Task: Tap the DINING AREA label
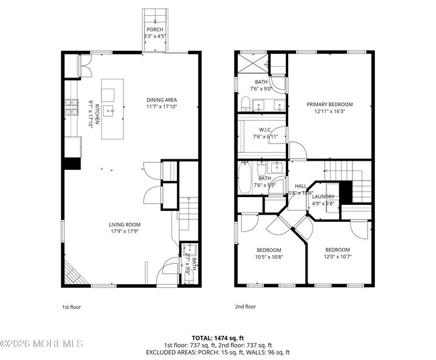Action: [x=162, y=100]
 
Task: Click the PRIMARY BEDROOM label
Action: [x=329, y=104]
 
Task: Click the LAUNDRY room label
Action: [x=323, y=196]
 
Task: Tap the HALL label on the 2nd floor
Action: [x=300, y=186]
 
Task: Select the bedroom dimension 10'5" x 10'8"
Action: [x=268, y=258]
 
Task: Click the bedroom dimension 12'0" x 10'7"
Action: [x=337, y=258]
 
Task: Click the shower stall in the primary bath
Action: [x=251, y=64]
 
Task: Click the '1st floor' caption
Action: [x=71, y=307]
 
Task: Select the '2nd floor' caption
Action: [x=245, y=307]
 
